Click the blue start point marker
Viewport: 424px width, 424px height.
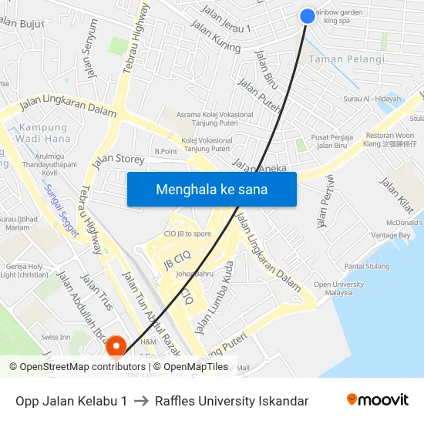click(x=307, y=16)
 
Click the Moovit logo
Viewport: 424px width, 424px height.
click(x=378, y=400)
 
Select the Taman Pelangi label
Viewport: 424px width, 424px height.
click(x=346, y=59)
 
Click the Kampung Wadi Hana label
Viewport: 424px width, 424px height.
click(x=43, y=133)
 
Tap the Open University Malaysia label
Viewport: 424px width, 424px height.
click(x=338, y=288)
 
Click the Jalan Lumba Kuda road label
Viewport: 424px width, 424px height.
click(x=215, y=298)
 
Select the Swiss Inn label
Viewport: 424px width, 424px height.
click(x=55, y=337)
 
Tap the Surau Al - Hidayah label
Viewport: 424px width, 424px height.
click(x=372, y=99)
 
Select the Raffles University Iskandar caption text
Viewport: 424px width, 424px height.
click(x=231, y=401)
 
